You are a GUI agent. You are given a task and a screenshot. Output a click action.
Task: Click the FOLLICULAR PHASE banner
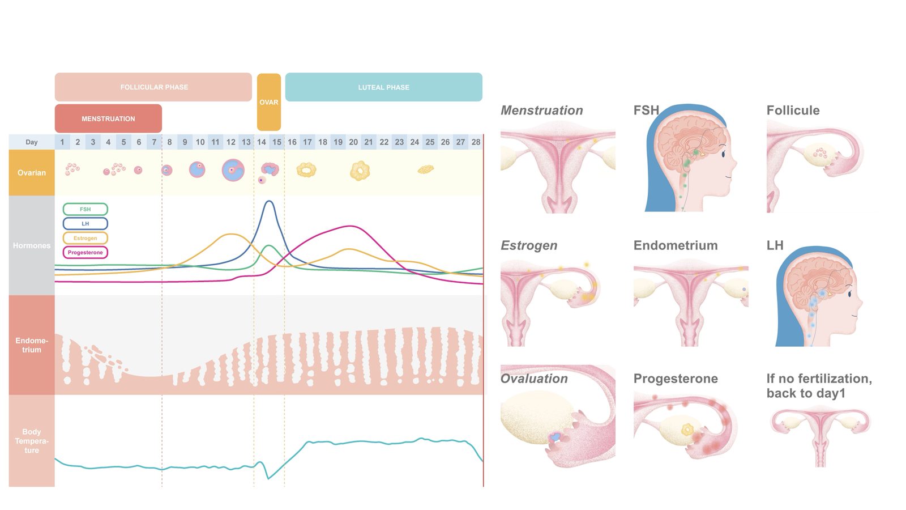[x=153, y=87]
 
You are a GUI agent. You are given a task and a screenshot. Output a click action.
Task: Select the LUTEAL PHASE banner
[x=383, y=87]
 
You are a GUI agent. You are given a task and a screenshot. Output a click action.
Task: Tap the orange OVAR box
[x=269, y=102]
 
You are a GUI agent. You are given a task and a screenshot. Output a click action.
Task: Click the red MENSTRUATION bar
[x=108, y=118]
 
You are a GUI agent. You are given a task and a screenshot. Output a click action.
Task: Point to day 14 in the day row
[x=261, y=142]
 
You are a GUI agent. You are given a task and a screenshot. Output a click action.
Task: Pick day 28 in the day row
[x=476, y=142]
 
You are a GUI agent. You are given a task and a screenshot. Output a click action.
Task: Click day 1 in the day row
[x=62, y=142]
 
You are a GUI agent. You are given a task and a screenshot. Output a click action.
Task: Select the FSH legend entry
[x=86, y=209]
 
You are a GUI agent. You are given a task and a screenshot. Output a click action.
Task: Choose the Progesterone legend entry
[x=86, y=253]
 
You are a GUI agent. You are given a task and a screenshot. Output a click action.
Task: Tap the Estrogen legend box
[x=86, y=238]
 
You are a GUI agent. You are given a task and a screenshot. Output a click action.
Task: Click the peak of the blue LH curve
[x=269, y=201]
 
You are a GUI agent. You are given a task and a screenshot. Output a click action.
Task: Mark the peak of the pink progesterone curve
[x=351, y=226]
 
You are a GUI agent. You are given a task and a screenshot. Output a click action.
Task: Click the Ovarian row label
[x=32, y=173]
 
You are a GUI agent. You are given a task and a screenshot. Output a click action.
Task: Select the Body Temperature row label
[x=32, y=441]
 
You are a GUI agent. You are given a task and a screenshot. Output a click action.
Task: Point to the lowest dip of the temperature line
[x=268, y=479]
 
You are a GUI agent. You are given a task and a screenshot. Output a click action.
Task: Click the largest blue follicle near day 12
[x=233, y=170]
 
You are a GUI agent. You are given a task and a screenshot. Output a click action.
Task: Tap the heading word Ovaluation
[x=534, y=379]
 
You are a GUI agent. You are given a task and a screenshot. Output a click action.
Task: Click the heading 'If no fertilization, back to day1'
[x=819, y=386]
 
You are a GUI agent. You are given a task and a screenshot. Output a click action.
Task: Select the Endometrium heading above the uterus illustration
[x=676, y=245]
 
